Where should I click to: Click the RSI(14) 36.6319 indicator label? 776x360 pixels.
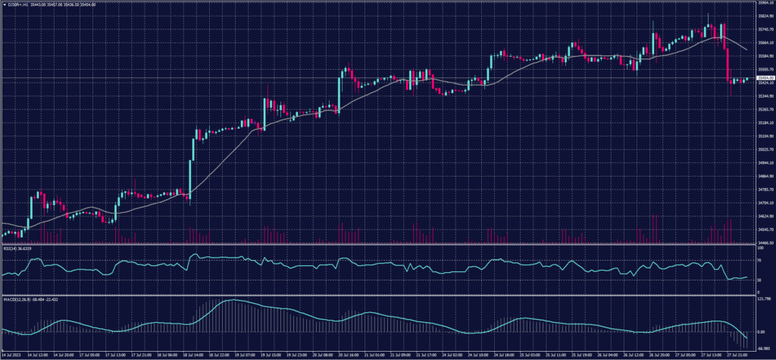coord(18,247)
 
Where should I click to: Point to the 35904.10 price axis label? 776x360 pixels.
coord(764,3)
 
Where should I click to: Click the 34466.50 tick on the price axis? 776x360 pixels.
coord(764,243)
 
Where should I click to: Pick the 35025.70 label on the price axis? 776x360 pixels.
coord(764,149)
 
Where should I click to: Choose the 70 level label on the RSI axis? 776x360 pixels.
coord(760,261)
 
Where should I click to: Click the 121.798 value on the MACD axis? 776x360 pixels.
coord(763,299)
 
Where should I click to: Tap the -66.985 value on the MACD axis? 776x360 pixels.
coord(763,346)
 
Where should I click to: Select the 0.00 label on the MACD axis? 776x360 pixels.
coord(762,331)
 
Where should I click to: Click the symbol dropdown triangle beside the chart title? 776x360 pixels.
coord(4,4)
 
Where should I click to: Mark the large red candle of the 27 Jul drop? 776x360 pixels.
coord(727,65)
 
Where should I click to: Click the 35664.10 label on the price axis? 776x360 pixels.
coord(764,43)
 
